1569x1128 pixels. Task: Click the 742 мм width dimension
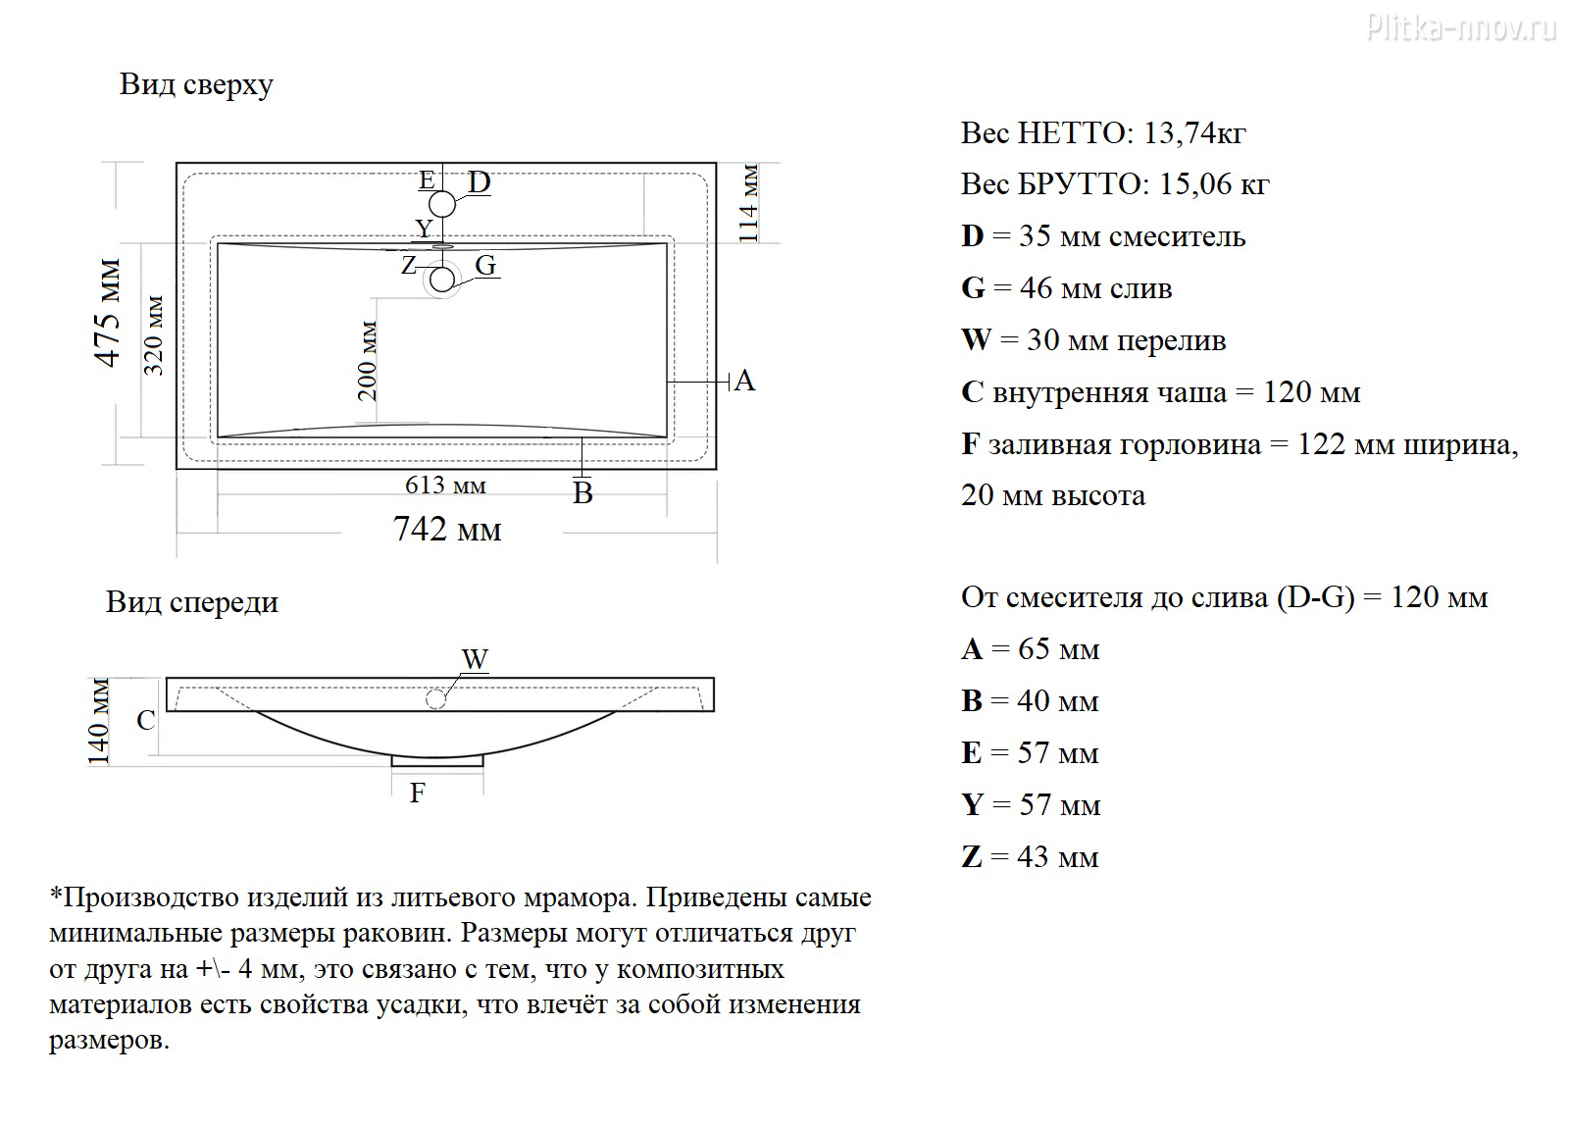click(447, 530)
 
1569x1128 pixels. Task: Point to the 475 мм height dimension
click(109, 313)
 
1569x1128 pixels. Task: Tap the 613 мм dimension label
click(445, 485)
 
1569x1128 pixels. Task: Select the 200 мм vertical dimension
click(367, 361)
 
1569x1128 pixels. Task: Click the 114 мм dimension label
click(749, 204)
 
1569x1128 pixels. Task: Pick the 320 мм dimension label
click(153, 335)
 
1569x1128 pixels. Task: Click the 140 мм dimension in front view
click(98, 722)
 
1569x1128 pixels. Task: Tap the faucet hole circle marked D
click(442, 205)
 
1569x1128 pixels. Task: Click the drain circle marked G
click(442, 280)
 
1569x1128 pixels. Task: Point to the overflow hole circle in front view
click(435, 699)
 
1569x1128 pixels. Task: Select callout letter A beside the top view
click(744, 382)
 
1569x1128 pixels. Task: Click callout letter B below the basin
click(582, 493)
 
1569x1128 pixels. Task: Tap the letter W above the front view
click(475, 659)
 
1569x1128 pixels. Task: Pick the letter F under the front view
click(418, 794)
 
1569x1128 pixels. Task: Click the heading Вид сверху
click(196, 84)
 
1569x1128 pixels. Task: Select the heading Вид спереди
click(192, 602)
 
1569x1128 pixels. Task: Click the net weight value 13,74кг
click(1195, 133)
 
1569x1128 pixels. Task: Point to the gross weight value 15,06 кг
click(1215, 184)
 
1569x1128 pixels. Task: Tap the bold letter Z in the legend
click(972, 857)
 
